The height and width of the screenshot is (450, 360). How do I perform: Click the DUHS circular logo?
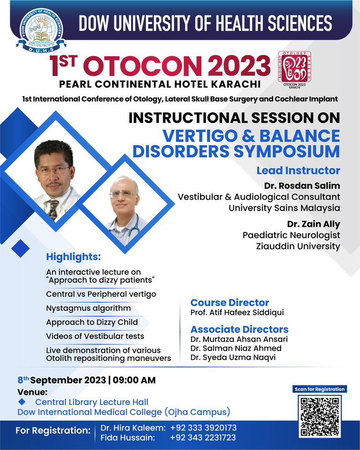pos(41,30)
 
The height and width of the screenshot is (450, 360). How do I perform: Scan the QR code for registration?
pos(320,416)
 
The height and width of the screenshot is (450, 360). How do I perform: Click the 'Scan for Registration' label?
pos(320,389)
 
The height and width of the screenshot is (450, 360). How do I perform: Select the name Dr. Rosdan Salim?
pos(302,186)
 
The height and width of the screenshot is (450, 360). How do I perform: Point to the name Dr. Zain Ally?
pos(314,224)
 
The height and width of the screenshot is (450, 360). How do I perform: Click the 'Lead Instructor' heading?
pos(298,171)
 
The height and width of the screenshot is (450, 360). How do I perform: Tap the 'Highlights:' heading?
pos(74,257)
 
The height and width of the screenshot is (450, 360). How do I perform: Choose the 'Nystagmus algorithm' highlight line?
pos(89,308)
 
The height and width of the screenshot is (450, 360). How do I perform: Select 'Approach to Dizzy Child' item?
pos(92,322)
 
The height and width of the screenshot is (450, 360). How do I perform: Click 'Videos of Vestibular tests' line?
pos(95,336)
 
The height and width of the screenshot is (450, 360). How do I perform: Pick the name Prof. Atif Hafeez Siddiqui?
pos(237,313)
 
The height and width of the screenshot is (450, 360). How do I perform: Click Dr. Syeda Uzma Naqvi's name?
pos(233,358)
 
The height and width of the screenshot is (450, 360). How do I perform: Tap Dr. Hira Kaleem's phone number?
pos(203,428)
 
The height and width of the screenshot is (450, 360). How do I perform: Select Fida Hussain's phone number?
pos(202,438)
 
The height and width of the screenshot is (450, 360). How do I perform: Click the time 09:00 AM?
pos(134,380)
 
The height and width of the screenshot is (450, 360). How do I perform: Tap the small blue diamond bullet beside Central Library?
pos(22,402)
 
